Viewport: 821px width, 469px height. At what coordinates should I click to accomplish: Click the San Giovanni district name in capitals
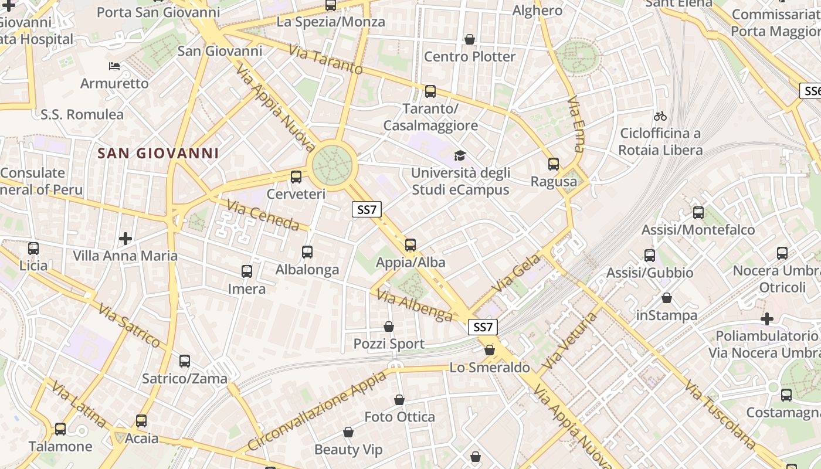pyautogui.click(x=158, y=154)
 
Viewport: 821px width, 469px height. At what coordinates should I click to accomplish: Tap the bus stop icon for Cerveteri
pyautogui.click(x=296, y=176)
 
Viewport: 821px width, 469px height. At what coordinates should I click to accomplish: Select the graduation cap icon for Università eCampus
pyautogui.click(x=460, y=155)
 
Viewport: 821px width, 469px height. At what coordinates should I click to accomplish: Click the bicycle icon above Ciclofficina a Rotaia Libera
pyautogui.click(x=660, y=116)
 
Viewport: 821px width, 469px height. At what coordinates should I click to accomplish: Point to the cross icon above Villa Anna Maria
pyautogui.click(x=125, y=239)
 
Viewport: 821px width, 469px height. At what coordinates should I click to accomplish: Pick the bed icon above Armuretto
pyautogui.click(x=114, y=66)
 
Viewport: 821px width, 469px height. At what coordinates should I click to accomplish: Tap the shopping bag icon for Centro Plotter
pyautogui.click(x=469, y=39)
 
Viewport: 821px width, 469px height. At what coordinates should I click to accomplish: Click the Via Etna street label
pyautogui.click(x=576, y=124)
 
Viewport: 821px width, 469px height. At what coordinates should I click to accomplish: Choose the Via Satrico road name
pyautogui.click(x=129, y=325)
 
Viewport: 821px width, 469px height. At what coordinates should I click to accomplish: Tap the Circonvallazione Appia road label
pyautogui.click(x=317, y=411)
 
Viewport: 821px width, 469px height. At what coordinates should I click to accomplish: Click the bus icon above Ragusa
pyautogui.click(x=553, y=164)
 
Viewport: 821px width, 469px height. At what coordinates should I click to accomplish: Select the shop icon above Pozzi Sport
pyautogui.click(x=388, y=327)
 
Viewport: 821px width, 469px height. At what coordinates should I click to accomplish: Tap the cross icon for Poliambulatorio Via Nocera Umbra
pyautogui.click(x=766, y=319)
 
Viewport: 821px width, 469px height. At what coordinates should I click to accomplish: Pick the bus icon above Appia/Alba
pyautogui.click(x=410, y=245)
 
